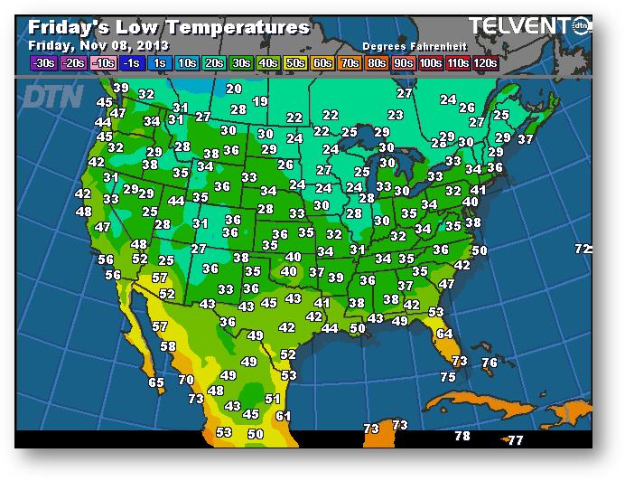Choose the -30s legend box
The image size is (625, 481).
click(42, 62)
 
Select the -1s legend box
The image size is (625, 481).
click(130, 62)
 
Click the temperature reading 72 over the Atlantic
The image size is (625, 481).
click(583, 249)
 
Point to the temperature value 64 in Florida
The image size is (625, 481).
click(444, 334)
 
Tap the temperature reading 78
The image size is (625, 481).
click(462, 436)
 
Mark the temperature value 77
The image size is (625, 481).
click(515, 440)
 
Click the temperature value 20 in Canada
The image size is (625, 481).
click(234, 89)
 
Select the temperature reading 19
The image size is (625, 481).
click(260, 102)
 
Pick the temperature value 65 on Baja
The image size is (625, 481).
click(156, 382)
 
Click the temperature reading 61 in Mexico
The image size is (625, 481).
click(283, 416)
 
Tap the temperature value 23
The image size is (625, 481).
click(395, 116)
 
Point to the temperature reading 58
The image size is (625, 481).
click(168, 346)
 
